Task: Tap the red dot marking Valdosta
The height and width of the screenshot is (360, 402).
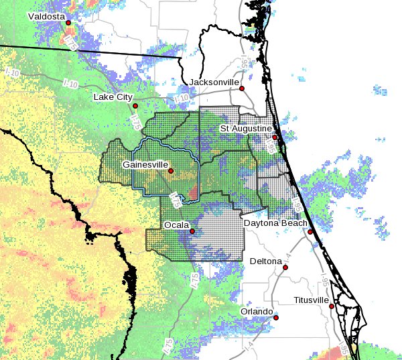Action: click(68, 23)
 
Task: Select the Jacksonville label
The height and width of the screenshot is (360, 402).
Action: click(214, 82)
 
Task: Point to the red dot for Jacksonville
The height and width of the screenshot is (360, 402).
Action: click(242, 88)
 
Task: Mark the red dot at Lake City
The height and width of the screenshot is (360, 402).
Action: click(135, 106)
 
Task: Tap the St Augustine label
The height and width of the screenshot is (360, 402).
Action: click(246, 128)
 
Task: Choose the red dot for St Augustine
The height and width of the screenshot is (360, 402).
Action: click(275, 137)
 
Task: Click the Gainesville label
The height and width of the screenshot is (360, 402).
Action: click(145, 164)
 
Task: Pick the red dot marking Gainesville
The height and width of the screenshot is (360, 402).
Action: click(171, 171)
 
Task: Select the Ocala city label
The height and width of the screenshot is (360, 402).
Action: click(176, 224)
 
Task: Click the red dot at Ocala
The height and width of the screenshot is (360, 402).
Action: click(192, 231)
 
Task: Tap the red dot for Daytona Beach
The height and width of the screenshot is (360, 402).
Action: click(310, 232)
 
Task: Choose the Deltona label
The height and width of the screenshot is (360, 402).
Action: click(265, 260)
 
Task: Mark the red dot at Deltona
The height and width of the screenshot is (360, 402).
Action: click(285, 267)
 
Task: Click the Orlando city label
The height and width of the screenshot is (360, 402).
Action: click(257, 312)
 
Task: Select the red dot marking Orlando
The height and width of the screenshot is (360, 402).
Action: click(275, 318)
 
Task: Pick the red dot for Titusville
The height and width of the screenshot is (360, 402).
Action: click(332, 306)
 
